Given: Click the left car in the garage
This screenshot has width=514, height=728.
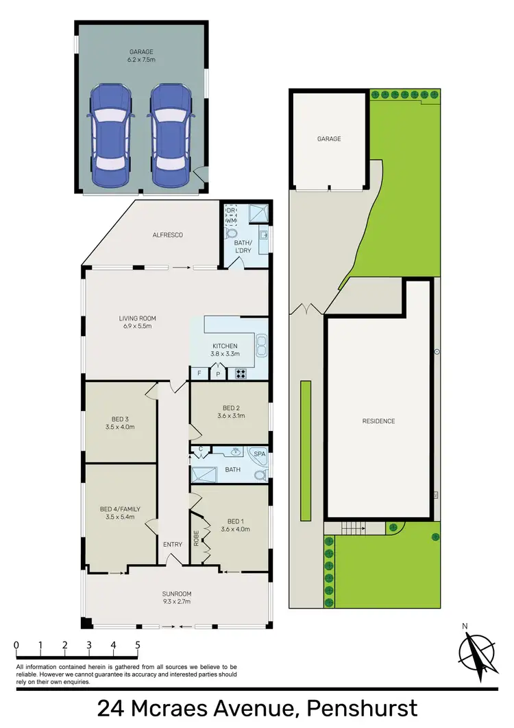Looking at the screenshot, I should click(110, 136).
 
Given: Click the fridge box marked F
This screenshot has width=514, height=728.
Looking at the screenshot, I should click(199, 374).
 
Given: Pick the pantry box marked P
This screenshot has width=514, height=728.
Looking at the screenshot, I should click(219, 375).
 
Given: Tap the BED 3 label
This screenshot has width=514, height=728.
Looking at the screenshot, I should click(120, 423).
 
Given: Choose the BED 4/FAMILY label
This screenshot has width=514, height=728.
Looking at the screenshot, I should click(120, 513).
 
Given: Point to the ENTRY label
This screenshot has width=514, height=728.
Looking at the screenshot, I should click(173, 545).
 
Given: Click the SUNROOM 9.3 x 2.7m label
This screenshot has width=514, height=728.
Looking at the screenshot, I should click(176, 598).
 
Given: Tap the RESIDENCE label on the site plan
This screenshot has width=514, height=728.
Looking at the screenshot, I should click(379, 421).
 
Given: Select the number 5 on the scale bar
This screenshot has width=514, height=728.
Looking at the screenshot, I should click(138, 646).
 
